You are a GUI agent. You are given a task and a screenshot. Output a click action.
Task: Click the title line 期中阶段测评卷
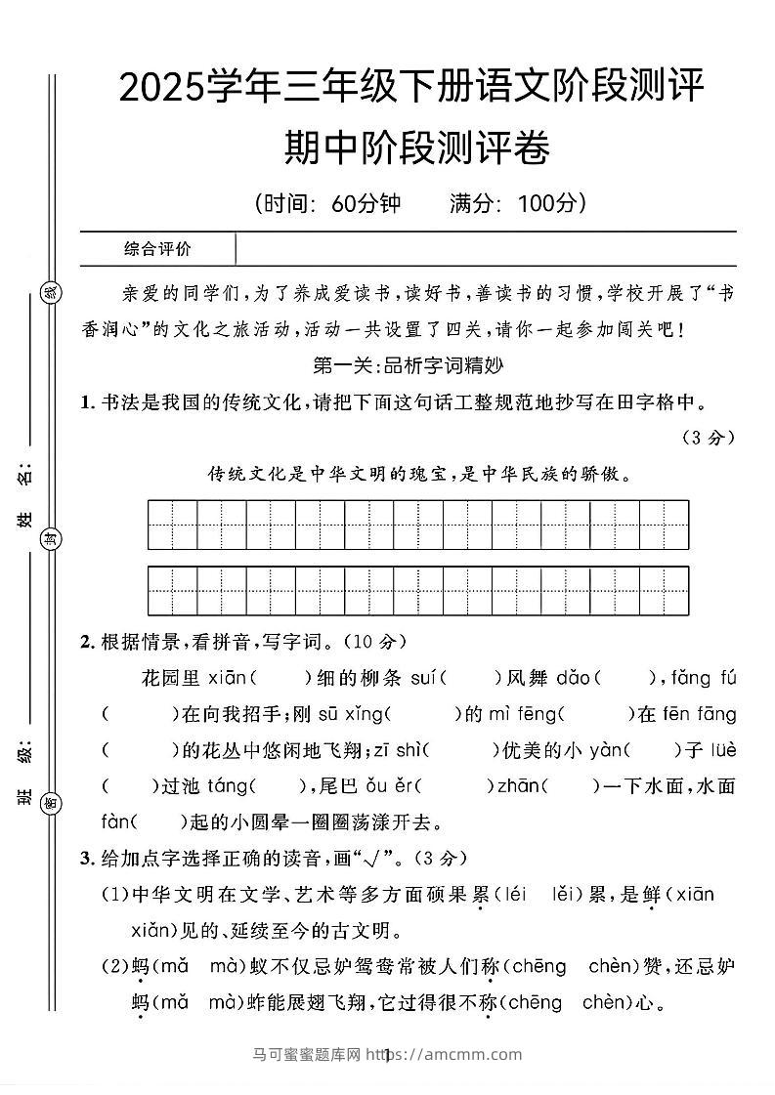coord(416,149)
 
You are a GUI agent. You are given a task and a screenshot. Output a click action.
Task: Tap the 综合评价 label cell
coord(158,249)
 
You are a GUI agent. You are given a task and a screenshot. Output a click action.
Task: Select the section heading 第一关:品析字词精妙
coord(407,366)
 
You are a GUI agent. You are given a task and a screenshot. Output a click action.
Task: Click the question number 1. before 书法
coord(88,402)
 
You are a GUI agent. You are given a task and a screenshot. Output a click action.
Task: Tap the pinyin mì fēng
coord(521,714)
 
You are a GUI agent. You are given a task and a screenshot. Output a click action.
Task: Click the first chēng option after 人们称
coord(538,966)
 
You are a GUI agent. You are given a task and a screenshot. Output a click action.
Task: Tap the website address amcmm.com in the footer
coord(473,1054)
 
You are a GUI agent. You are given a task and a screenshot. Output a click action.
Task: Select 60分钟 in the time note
coord(366,203)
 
